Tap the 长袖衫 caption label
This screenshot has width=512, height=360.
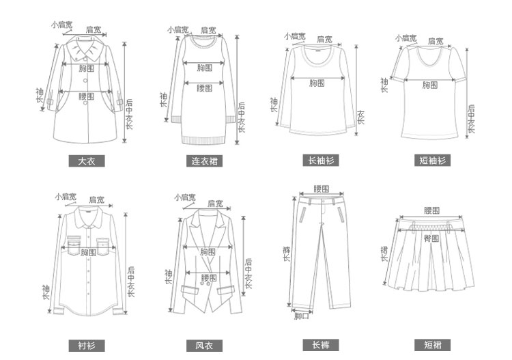pos(319,161)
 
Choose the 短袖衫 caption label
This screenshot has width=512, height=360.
pos(433,161)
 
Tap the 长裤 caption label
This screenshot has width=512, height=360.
pos(319,345)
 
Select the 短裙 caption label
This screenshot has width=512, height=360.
pos(433,345)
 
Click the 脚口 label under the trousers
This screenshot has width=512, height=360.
pos(301,316)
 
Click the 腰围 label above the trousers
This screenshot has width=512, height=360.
pos(321,189)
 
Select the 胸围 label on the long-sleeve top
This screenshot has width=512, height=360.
pos(316,83)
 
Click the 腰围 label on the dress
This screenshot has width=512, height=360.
pos(204,87)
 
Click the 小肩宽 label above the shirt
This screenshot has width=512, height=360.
pos(66,197)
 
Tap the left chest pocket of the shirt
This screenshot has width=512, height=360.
pos(74,243)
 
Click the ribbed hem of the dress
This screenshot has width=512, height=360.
pos(204,139)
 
